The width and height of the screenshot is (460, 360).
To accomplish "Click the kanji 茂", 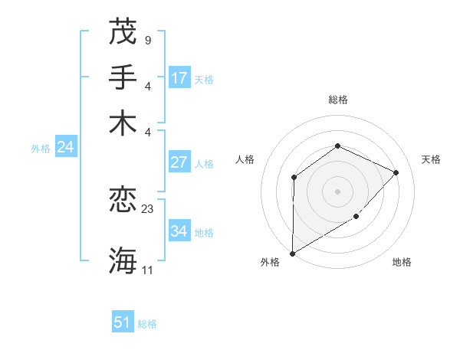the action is tap(123, 31).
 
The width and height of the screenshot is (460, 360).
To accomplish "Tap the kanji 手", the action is tap(123, 77).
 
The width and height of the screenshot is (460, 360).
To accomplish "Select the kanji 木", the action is tap(123, 123).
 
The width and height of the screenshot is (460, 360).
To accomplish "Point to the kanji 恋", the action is tap(123, 200).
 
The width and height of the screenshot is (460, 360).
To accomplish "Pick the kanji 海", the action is tap(123, 260).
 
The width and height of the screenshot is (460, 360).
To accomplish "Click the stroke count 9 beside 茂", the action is tap(147, 40).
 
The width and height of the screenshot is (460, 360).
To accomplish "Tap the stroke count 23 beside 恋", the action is tap(148, 208).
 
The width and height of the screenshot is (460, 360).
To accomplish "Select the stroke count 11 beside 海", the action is tap(148, 270).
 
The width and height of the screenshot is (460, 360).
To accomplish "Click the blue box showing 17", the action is tap(179, 77).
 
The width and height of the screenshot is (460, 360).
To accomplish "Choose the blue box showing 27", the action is tap(179, 162).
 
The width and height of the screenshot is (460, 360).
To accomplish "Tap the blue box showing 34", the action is tap(179, 231).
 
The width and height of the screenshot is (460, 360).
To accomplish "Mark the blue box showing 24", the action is tap(65, 147).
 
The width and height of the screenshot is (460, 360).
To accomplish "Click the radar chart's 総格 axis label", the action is tap(337, 100).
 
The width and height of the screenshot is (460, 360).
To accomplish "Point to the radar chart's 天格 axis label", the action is tap(431, 159).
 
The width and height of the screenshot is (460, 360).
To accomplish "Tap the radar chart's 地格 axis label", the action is tap(402, 262).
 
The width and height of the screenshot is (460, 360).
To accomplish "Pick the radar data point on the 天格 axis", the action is tap(396, 172).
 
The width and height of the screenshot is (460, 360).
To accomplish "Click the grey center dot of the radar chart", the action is tap(337, 191).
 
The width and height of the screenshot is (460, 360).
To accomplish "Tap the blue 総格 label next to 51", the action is tap(147, 324).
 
